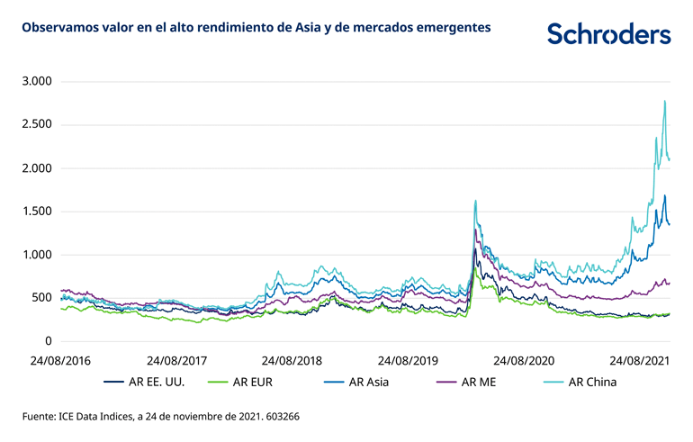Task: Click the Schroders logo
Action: tap(608, 34)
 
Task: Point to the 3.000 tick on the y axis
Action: tap(38, 82)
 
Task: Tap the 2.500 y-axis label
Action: tap(38, 125)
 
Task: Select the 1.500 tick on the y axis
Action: tap(38, 212)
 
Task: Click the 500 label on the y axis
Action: tap(42, 298)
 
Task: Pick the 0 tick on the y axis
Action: tap(50, 341)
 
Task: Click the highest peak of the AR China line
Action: tap(664, 101)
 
